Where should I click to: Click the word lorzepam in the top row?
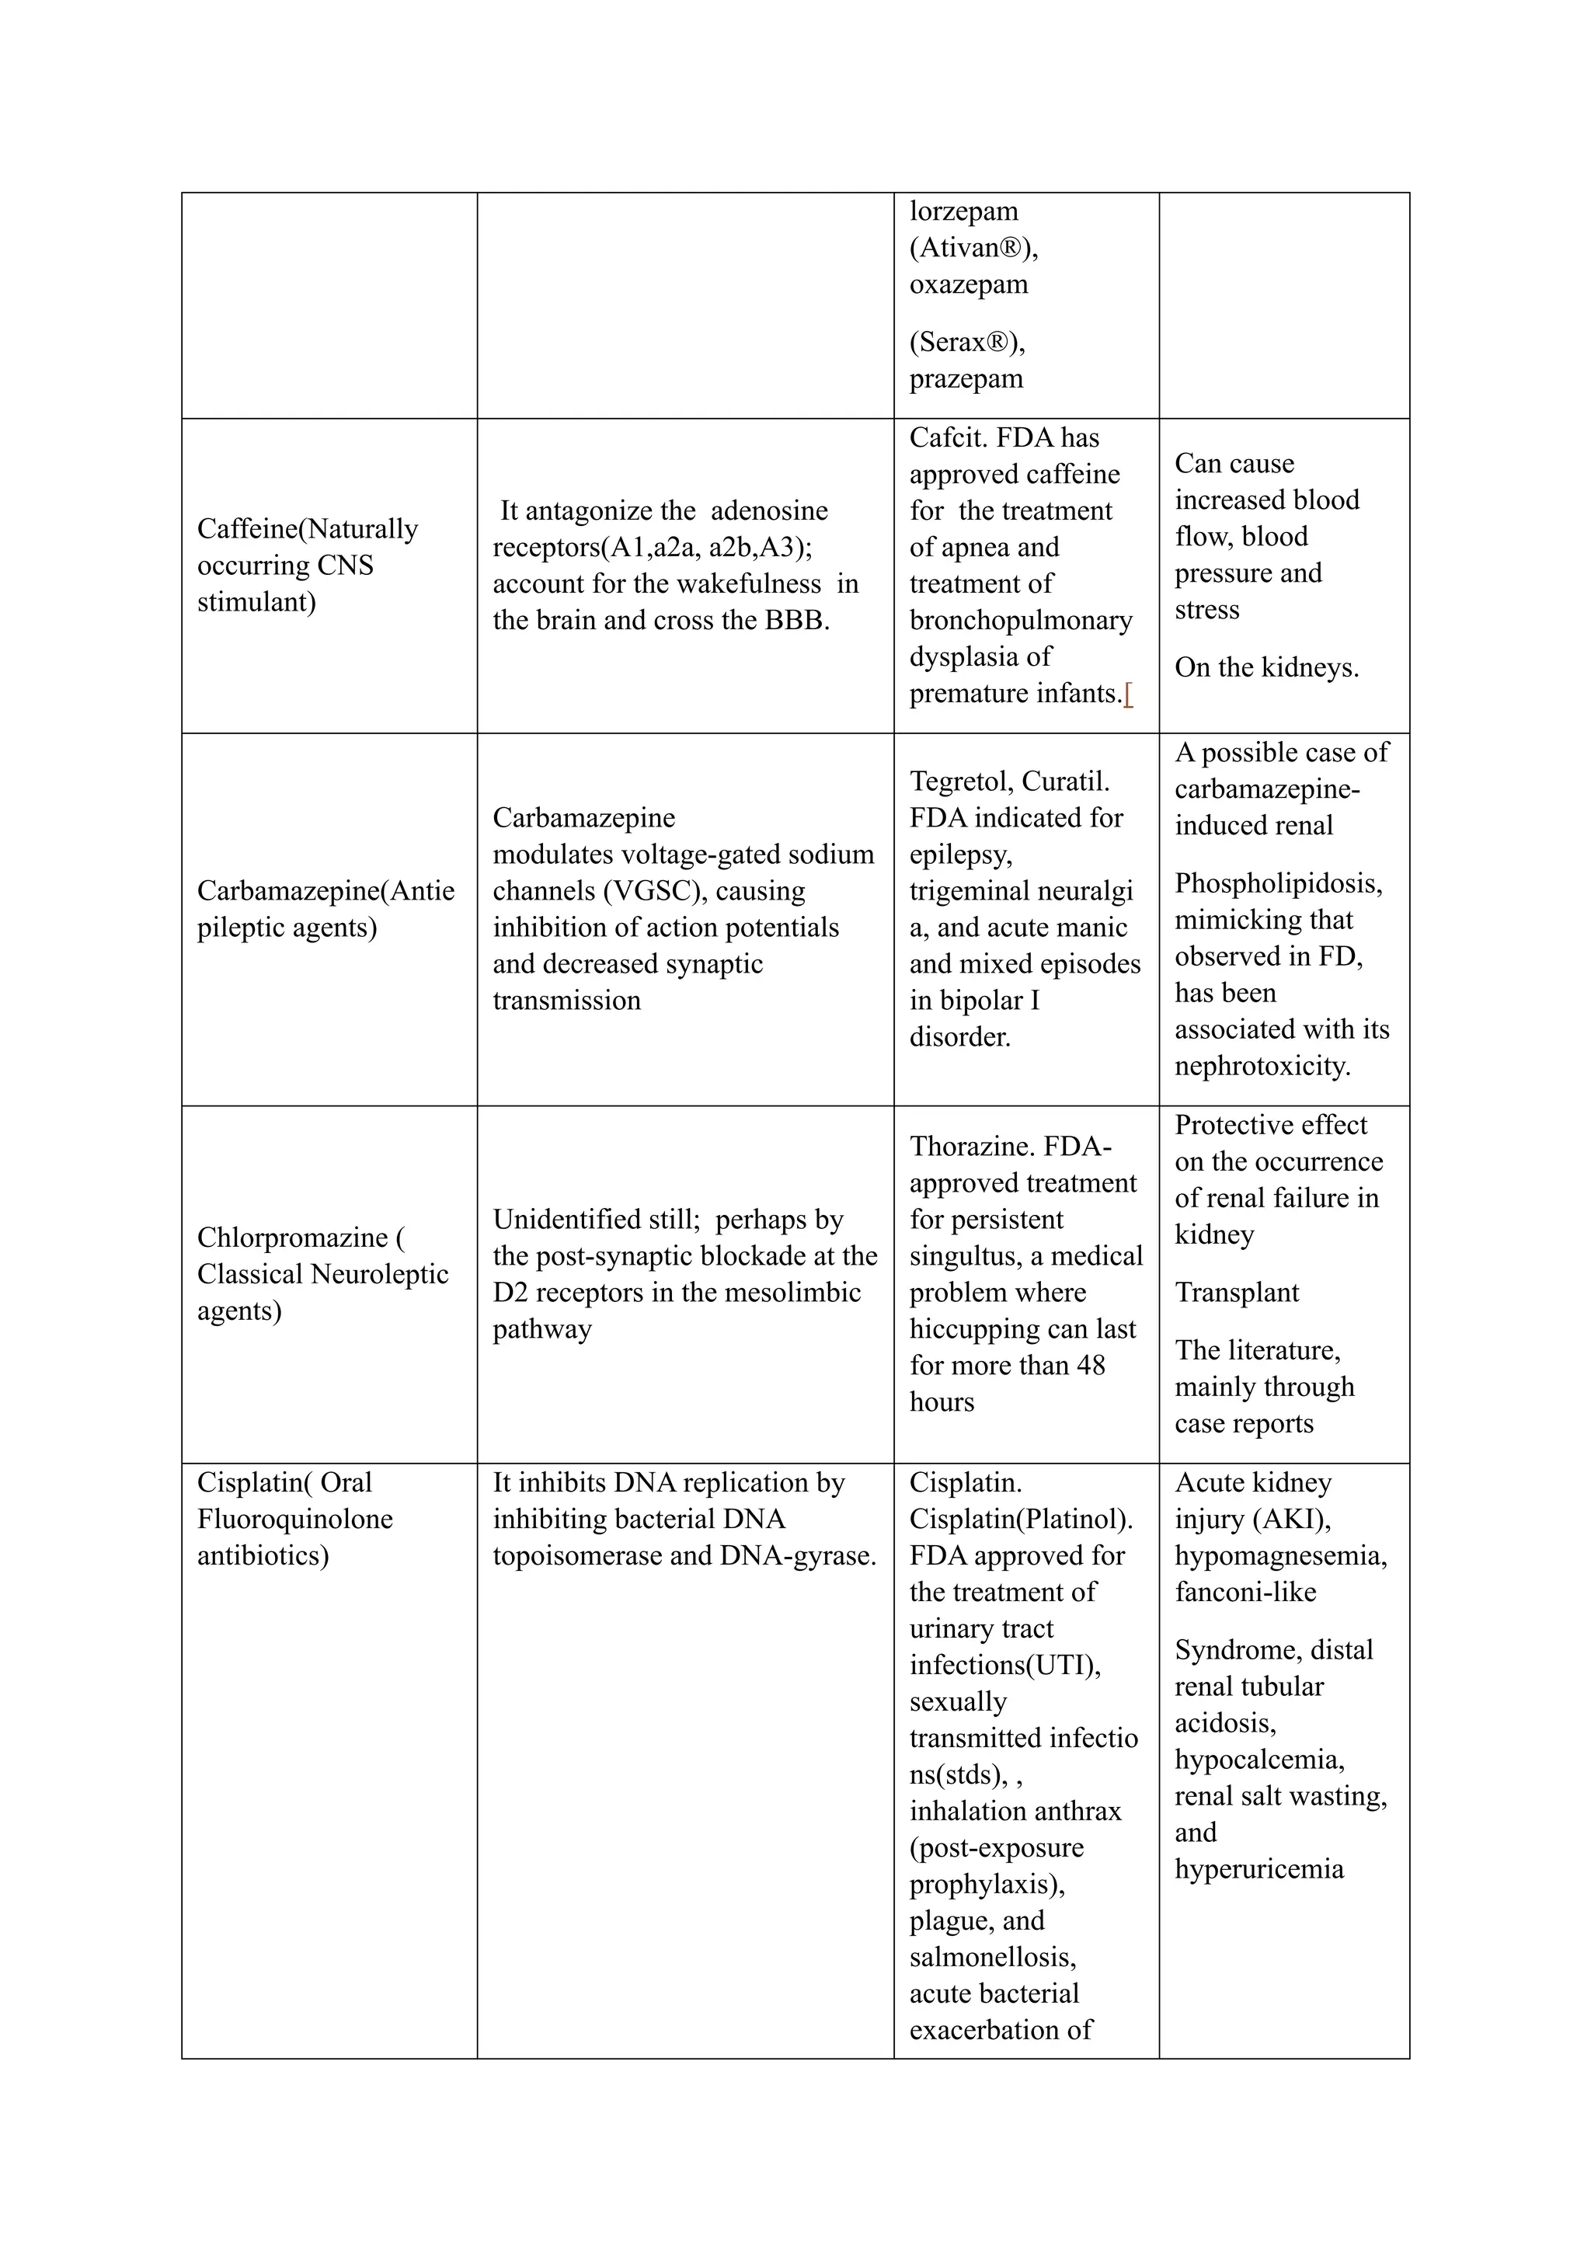(963, 211)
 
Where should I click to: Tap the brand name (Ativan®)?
(973, 248)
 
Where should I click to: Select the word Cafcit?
(945, 438)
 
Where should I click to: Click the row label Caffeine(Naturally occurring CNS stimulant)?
(307, 566)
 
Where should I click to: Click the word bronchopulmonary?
(1020, 620)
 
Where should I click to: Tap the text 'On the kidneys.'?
(1265, 667)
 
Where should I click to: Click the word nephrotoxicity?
(1262, 1066)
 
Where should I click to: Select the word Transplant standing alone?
(1236, 1293)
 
